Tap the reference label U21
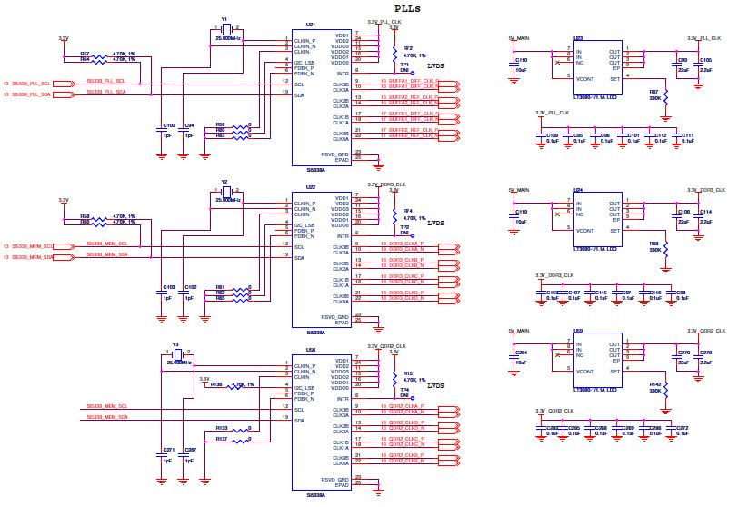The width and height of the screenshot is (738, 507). pyautogui.click(x=311, y=25)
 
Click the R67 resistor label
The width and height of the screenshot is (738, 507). pyautogui.click(x=653, y=91)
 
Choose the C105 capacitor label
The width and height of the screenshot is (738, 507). pyautogui.click(x=705, y=60)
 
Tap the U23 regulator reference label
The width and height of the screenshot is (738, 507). pyautogui.click(x=579, y=39)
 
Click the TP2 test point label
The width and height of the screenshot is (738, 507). pyautogui.click(x=404, y=227)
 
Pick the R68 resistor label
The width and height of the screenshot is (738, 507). pyautogui.click(x=653, y=244)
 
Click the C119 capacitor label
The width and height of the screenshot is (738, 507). pyautogui.click(x=521, y=212)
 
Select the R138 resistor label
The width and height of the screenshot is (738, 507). pyautogui.click(x=215, y=384)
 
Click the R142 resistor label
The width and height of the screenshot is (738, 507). pyautogui.click(x=653, y=384)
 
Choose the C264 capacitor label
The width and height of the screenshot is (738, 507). pyautogui.click(x=521, y=352)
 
